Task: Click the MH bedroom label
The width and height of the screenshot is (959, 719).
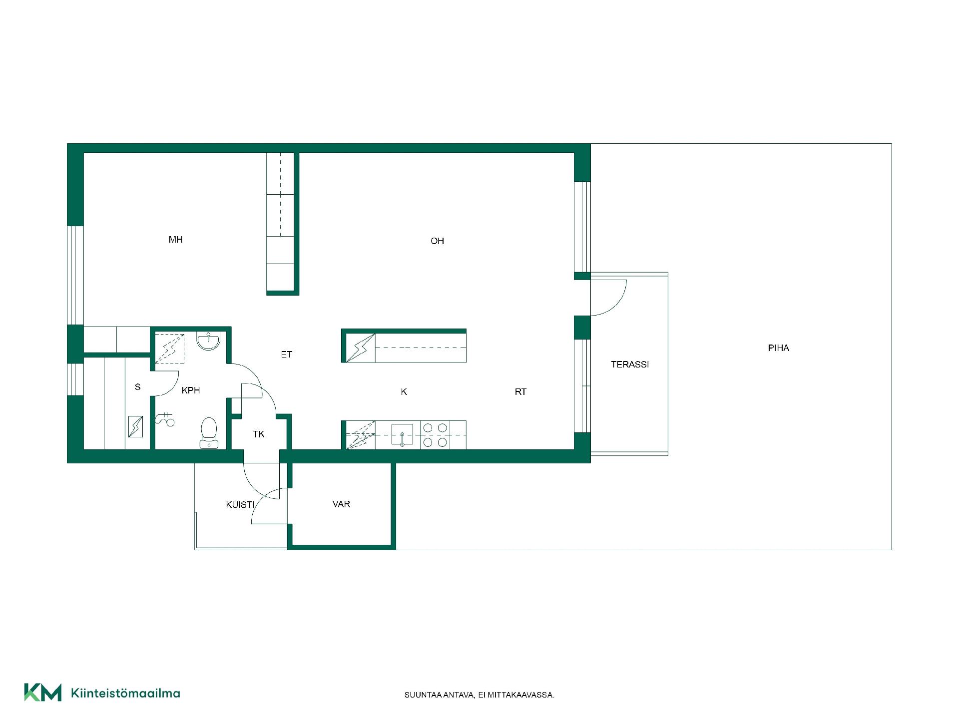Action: tap(175, 240)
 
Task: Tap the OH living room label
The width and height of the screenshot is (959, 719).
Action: tap(437, 241)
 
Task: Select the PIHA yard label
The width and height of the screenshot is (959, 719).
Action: tap(778, 348)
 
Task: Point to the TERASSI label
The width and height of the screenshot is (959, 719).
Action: tap(630, 364)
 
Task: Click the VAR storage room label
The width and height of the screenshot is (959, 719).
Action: tap(341, 504)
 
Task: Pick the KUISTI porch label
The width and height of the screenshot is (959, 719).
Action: tap(240, 505)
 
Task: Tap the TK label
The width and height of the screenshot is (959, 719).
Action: tap(259, 434)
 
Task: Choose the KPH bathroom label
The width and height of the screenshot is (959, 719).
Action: tap(191, 390)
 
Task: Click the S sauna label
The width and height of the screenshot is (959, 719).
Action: tap(138, 387)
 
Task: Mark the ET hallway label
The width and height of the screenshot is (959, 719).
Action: tap(286, 355)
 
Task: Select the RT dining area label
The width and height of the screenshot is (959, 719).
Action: tap(520, 392)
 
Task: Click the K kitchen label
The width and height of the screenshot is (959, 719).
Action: tap(404, 392)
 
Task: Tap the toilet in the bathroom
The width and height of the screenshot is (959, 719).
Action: tap(209, 433)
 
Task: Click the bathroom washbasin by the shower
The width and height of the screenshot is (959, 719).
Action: tap(208, 341)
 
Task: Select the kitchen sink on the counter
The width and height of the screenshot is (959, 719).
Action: tap(402, 435)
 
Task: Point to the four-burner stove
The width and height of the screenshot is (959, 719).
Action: tap(435, 435)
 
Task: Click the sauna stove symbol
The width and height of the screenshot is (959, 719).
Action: tap(135, 427)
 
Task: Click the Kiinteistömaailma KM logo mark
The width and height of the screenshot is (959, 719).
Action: tap(43, 692)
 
